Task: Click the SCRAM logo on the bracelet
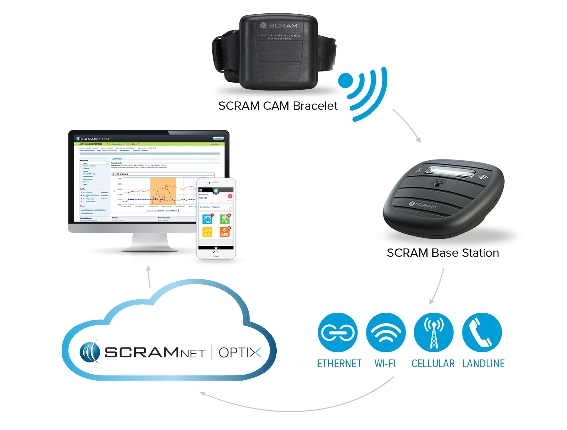[279, 26]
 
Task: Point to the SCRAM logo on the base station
[423, 205]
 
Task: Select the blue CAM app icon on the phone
[207, 219]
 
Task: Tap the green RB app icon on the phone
[225, 219]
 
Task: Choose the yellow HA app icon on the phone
[207, 232]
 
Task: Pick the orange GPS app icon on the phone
[225, 232]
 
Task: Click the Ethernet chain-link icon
[338, 332]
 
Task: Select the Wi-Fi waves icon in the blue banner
[386, 333]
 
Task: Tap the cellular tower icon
[434, 333]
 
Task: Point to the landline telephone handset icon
[480, 333]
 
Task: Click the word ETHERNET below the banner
[339, 364]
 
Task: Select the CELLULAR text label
[433, 364]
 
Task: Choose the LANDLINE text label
[483, 364]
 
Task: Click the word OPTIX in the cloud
[240, 353]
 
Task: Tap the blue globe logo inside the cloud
[90, 352]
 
